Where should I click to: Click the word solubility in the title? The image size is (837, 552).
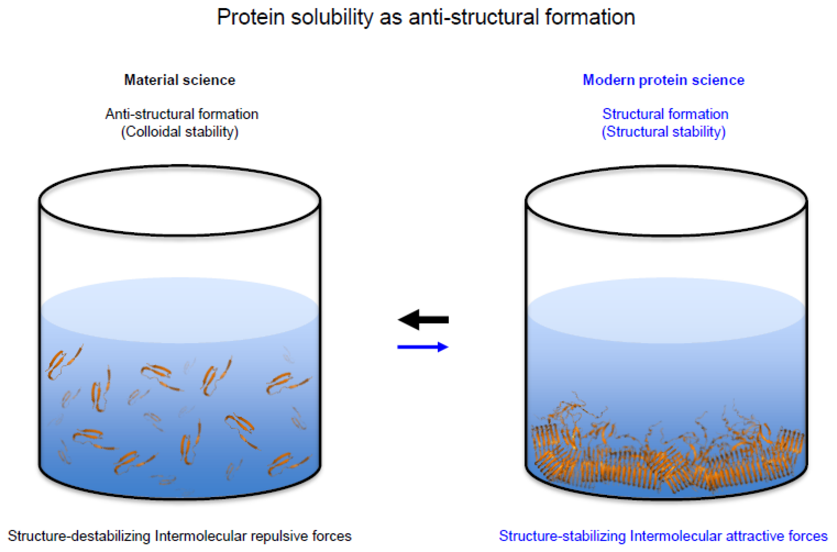pos(332,18)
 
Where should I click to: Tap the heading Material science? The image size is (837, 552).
pos(180,80)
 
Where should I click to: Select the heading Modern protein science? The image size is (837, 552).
pos(663,80)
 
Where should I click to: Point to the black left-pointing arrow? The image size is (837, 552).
pos(423,320)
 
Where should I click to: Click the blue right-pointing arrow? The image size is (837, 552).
pos(423,347)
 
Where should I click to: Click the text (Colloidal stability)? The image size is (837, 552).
pos(180,132)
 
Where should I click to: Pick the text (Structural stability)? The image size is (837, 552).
pos(663,132)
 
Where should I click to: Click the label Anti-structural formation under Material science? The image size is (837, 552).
pos(182,114)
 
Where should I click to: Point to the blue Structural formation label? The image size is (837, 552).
pos(665,114)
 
